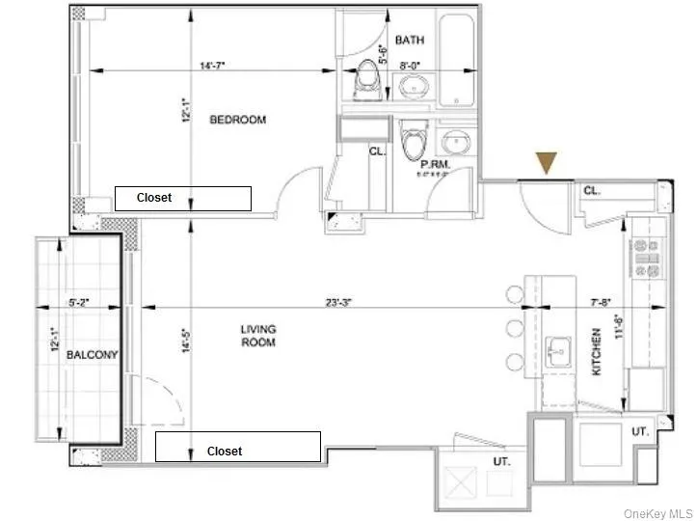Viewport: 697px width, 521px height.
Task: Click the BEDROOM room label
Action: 237,120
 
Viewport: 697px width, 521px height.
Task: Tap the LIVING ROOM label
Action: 258,336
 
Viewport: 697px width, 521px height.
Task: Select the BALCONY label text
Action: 92,355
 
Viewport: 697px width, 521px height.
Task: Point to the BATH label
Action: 410,41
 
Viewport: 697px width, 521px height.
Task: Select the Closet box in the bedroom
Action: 183,198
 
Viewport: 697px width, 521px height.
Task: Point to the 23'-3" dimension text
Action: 337,302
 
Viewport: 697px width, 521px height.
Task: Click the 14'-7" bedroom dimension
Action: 213,67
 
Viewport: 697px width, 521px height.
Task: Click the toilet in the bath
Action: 366,79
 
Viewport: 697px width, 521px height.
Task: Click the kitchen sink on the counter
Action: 559,348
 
